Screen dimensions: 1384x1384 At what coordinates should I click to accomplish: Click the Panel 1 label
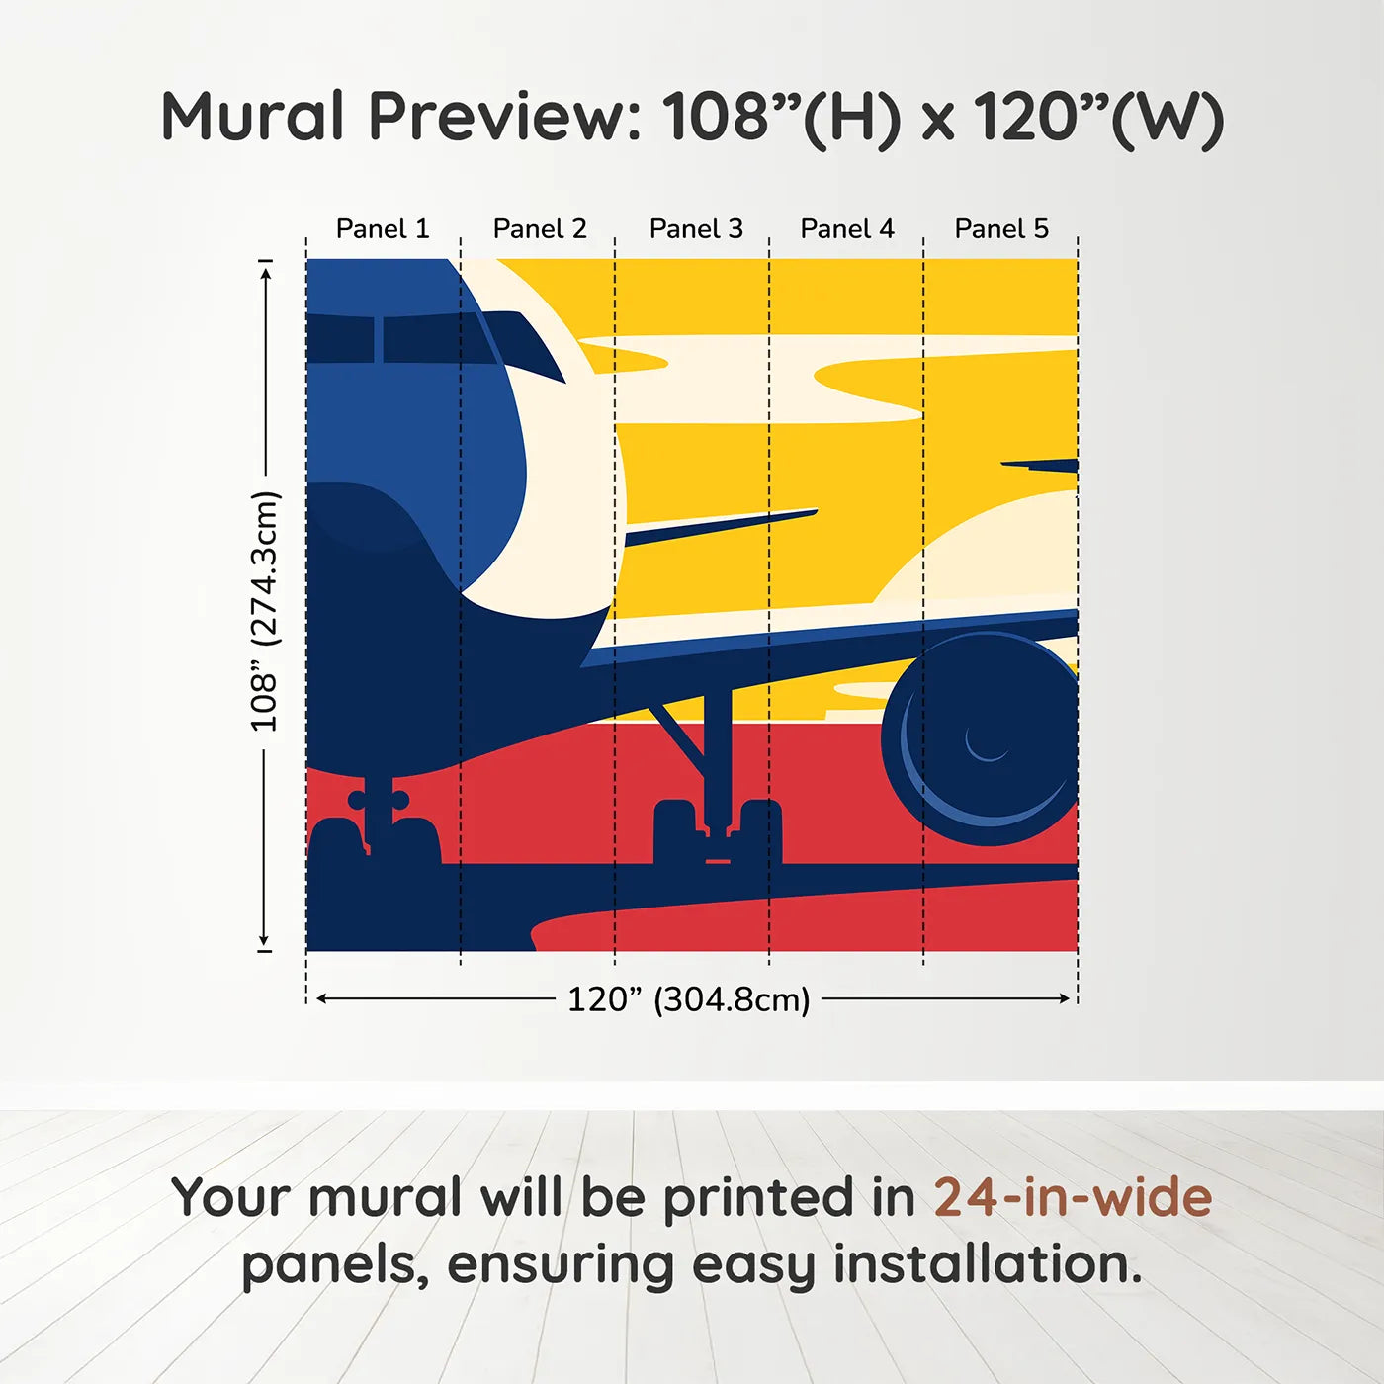tap(383, 229)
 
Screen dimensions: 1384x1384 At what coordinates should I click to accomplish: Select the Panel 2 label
tap(540, 229)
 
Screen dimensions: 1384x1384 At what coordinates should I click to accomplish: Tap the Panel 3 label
tap(696, 229)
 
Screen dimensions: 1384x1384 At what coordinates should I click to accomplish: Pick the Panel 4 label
tap(847, 229)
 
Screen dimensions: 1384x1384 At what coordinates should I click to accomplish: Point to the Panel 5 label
tap(1001, 229)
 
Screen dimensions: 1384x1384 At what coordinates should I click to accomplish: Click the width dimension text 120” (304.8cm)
tap(688, 999)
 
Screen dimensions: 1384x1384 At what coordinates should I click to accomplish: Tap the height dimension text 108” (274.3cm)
tap(265, 611)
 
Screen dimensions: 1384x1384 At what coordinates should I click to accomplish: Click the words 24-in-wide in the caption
tap(1073, 1197)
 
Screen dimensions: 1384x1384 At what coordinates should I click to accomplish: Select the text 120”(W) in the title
tap(1098, 117)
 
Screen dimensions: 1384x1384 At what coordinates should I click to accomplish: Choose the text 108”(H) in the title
tap(782, 117)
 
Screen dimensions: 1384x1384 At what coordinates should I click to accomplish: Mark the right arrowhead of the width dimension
tap(1065, 998)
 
